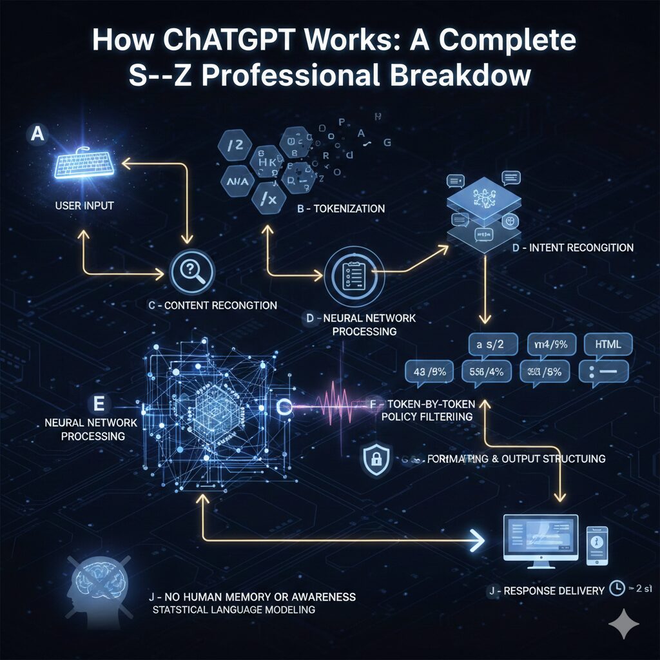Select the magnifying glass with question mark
pos(191,273)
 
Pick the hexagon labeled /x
pos(269,200)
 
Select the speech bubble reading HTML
pos(608,345)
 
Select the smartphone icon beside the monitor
pos(596,545)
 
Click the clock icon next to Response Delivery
pos(617,588)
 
